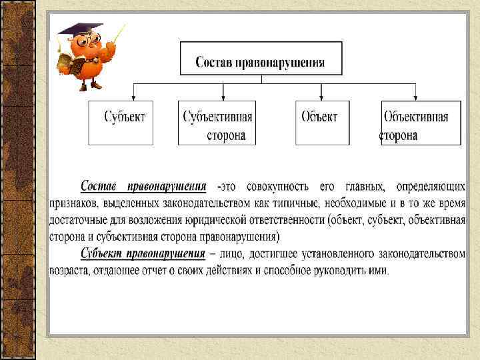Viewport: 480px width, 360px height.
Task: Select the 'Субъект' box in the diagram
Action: pyautogui.click(x=125, y=123)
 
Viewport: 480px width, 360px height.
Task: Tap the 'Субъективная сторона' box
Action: pyautogui.click(x=218, y=123)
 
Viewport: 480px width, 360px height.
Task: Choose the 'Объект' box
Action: pyautogui.click(x=322, y=123)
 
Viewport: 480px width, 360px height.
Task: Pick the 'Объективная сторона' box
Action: pyautogui.click(x=421, y=123)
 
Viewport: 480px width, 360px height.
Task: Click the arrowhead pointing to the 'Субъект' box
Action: pyautogui.click(x=134, y=97)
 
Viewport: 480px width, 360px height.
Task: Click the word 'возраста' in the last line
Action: pyautogui.click(x=71, y=271)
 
